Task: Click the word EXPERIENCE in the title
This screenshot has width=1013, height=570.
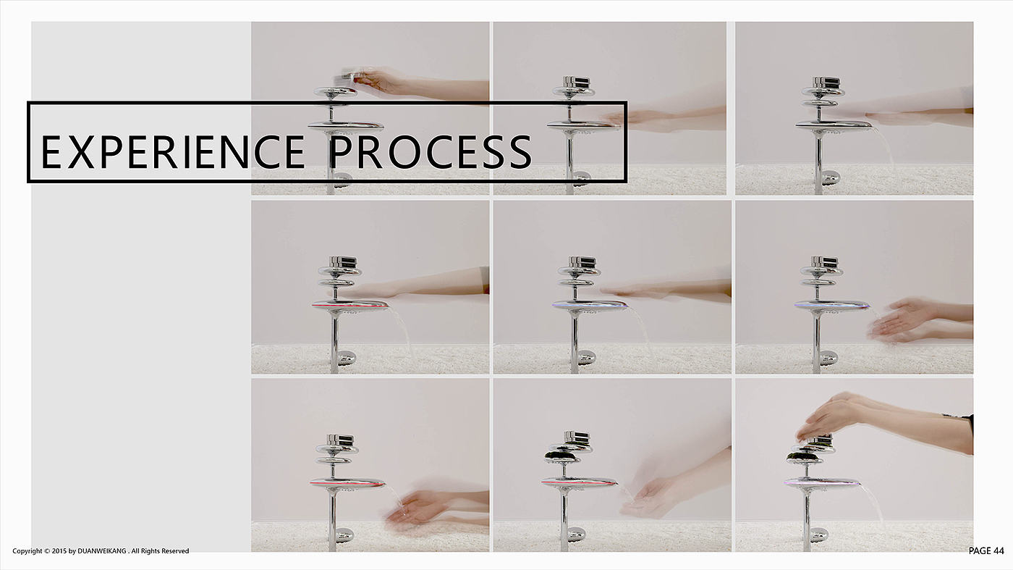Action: point(173,152)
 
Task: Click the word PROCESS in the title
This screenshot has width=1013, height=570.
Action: point(431,152)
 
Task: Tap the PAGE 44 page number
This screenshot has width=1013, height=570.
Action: point(986,550)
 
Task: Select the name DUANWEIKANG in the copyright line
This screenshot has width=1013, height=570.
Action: point(102,551)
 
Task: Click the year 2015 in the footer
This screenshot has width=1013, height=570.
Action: point(59,551)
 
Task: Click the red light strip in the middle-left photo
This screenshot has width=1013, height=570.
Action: point(350,306)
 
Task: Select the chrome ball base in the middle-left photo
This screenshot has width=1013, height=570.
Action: point(346,358)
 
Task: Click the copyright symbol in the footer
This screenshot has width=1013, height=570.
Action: point(47,551)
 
